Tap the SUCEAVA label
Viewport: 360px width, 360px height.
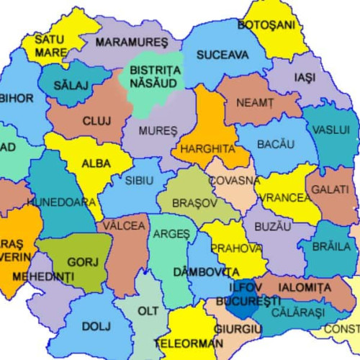(x=222, y=55)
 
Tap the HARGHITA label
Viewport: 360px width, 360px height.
(x=208, y=148)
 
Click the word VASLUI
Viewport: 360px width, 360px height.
(x=331, y=130)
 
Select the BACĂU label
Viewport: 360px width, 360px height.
(x=276, y=145)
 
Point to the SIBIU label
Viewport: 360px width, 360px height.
(x=138, y=181)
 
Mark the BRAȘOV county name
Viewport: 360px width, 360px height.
(x=191, y=204)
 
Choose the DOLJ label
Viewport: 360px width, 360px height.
(x=96, y=326)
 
